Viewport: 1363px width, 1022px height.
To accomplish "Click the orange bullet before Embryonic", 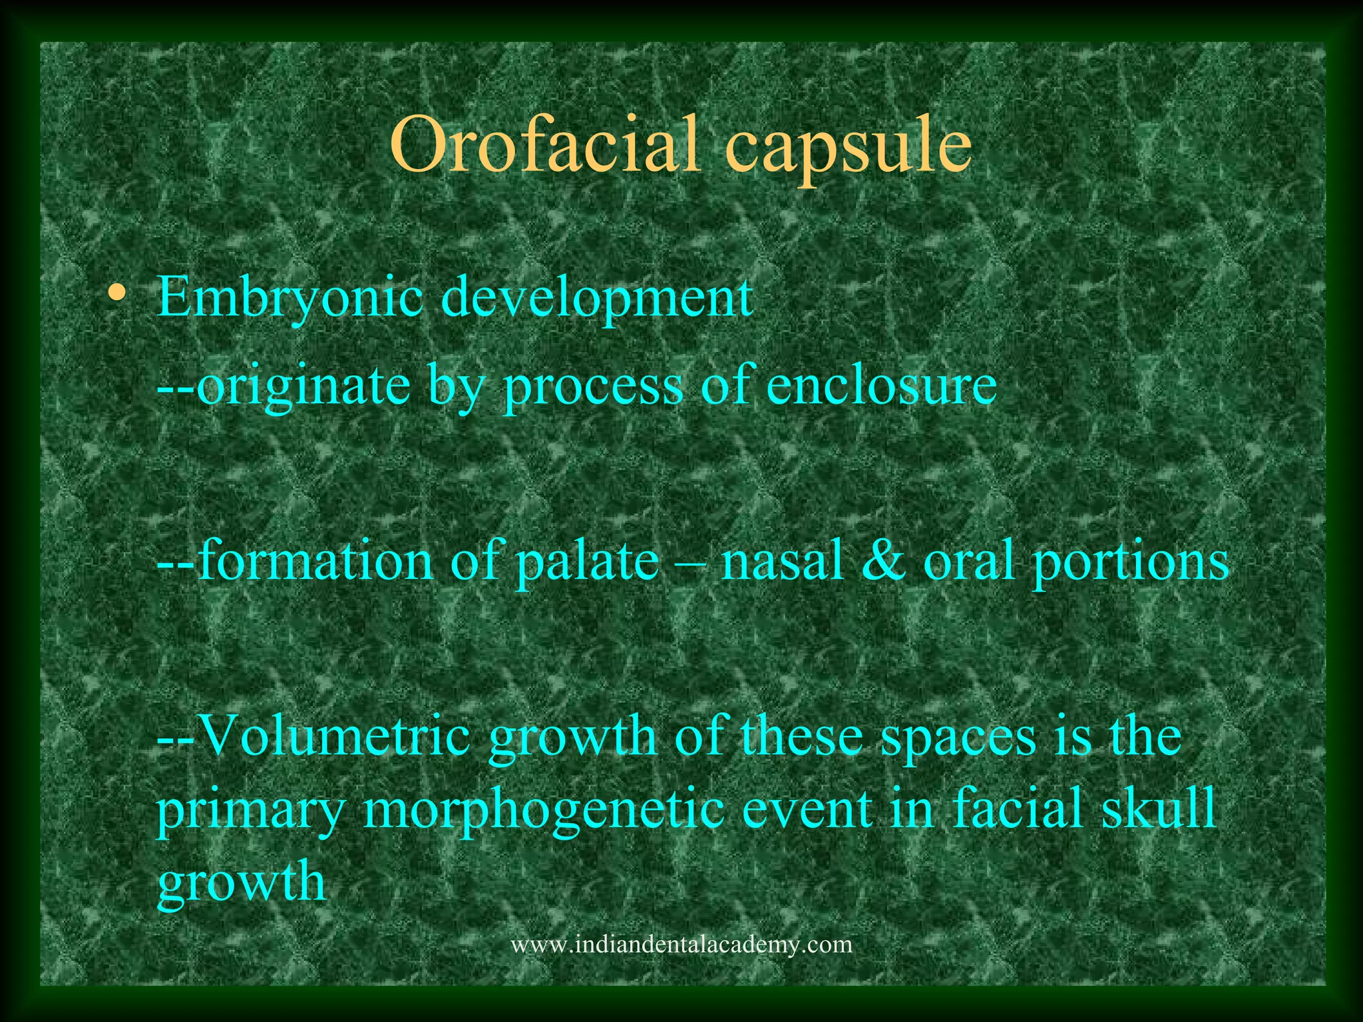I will click(118, 292).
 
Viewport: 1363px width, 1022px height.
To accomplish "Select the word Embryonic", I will click(289, 299).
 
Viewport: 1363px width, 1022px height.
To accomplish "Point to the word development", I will click(597, 299).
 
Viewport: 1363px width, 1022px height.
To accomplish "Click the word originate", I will click(302, 387).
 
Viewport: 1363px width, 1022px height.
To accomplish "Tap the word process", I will click(593, 387).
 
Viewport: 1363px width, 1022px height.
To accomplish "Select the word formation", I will click(315, 561).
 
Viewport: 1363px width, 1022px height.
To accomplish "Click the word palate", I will click(587, 561).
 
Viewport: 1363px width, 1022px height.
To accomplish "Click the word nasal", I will click(783, 561).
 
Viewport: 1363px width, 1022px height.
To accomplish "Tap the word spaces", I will click(958, 737).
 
